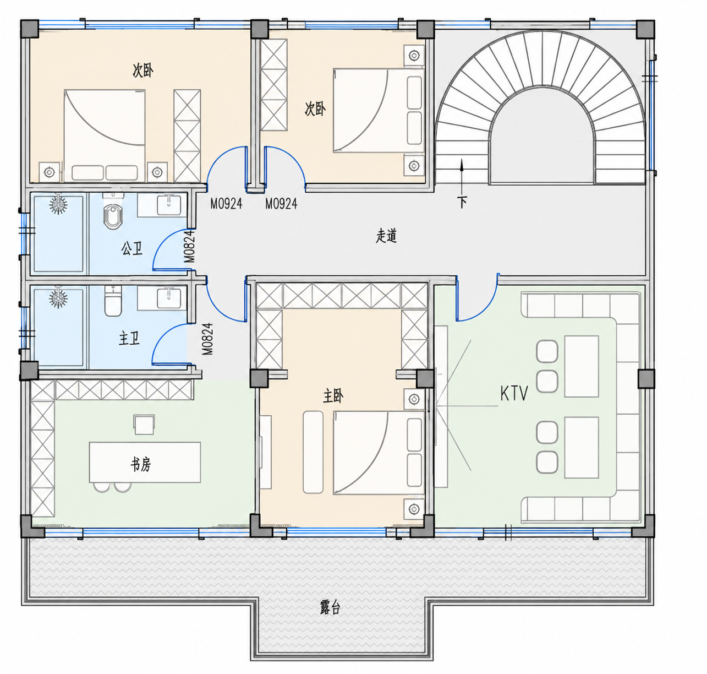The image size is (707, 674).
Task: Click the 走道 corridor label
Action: (x=386, y=236)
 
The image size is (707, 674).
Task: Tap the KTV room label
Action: (x=514, y=394)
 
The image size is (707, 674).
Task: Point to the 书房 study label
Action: (x=141, y=464)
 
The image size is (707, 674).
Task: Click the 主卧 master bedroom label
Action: (x=333, y=396)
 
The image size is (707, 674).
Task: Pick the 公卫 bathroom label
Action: (x=131, y=248)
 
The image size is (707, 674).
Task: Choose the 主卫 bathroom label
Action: (x=129, y=339)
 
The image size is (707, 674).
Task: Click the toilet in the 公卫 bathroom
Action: (x=113, y=214)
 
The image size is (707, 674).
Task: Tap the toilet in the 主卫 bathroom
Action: (x=113, y=302)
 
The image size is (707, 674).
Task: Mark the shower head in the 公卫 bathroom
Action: (x=58, y=204)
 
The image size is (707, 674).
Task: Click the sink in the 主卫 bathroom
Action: (x=169, y=299)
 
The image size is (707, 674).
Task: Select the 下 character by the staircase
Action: (x=462, y=202)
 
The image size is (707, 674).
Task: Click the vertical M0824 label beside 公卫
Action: (x=189, y=247)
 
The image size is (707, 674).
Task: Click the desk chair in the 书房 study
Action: (x=144, y=425)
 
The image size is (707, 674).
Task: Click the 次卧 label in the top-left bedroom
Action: (x=143, y=70)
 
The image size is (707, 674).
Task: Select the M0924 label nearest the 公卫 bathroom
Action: (x=226, y=204)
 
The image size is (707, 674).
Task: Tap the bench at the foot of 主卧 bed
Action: (x=313, y=452)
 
